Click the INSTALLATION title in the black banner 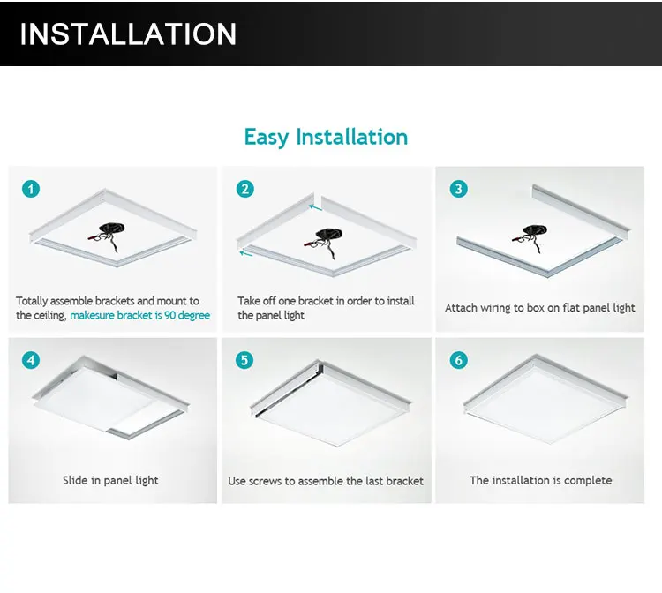pos(128,34)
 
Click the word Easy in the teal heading pos(267,137)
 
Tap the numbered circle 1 pos(31,189)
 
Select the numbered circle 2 pos(245,189)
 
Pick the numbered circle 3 pos(459,189)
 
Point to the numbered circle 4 pos(31,360)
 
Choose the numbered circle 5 pos(244,360)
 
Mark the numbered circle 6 pos(459,360)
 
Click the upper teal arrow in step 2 pos(315,207)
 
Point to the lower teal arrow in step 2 pos(245,253)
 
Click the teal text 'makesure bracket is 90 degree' pos(139,315)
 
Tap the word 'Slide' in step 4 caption pos(75,480)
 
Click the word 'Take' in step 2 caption pos(247,301)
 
